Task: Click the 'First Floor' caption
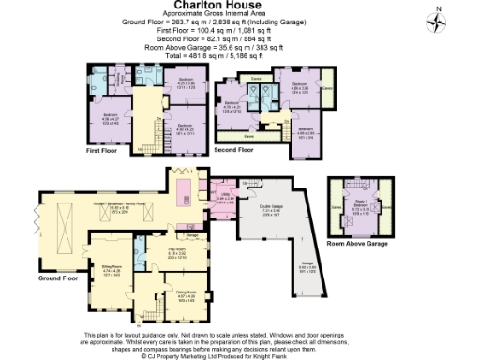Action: click(x=105, y=149)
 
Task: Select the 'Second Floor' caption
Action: click(x=235, y=149)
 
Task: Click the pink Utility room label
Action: click(x=225, y=198)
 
